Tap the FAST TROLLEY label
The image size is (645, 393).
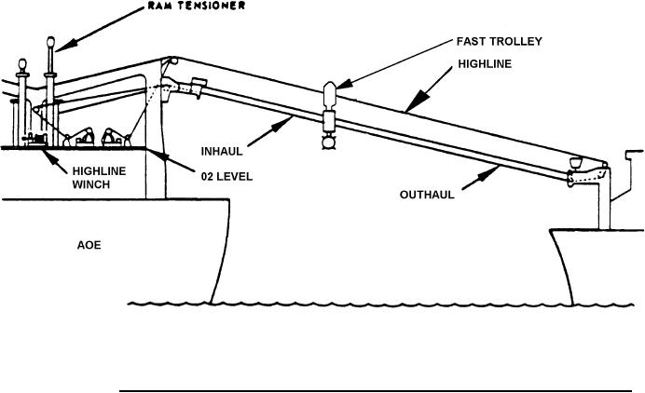coord(499,42)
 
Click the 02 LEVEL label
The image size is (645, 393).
coord(227,174)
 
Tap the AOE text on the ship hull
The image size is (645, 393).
coord(89,246)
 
